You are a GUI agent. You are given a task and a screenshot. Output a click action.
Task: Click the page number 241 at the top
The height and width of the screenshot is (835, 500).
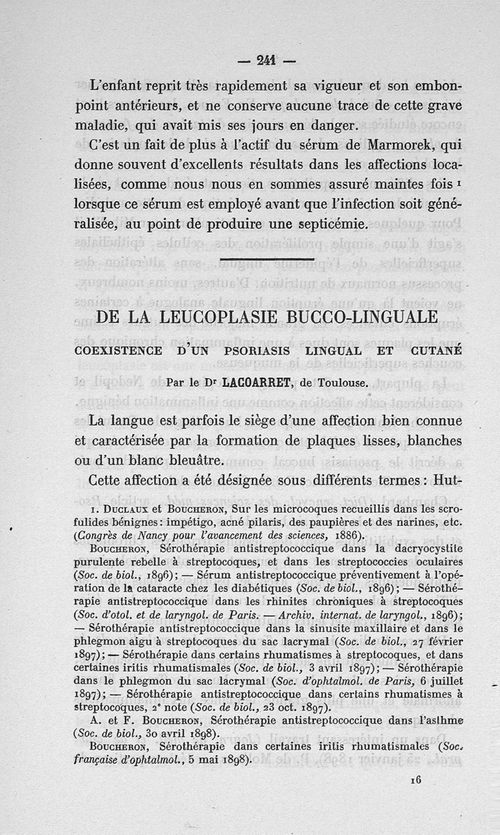(x=266, y=61)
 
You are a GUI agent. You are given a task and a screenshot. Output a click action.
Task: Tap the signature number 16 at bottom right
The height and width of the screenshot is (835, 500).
(x=417, y=779)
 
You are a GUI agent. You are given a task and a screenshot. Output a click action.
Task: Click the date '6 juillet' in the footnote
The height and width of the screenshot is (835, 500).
(x=439, y=680)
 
